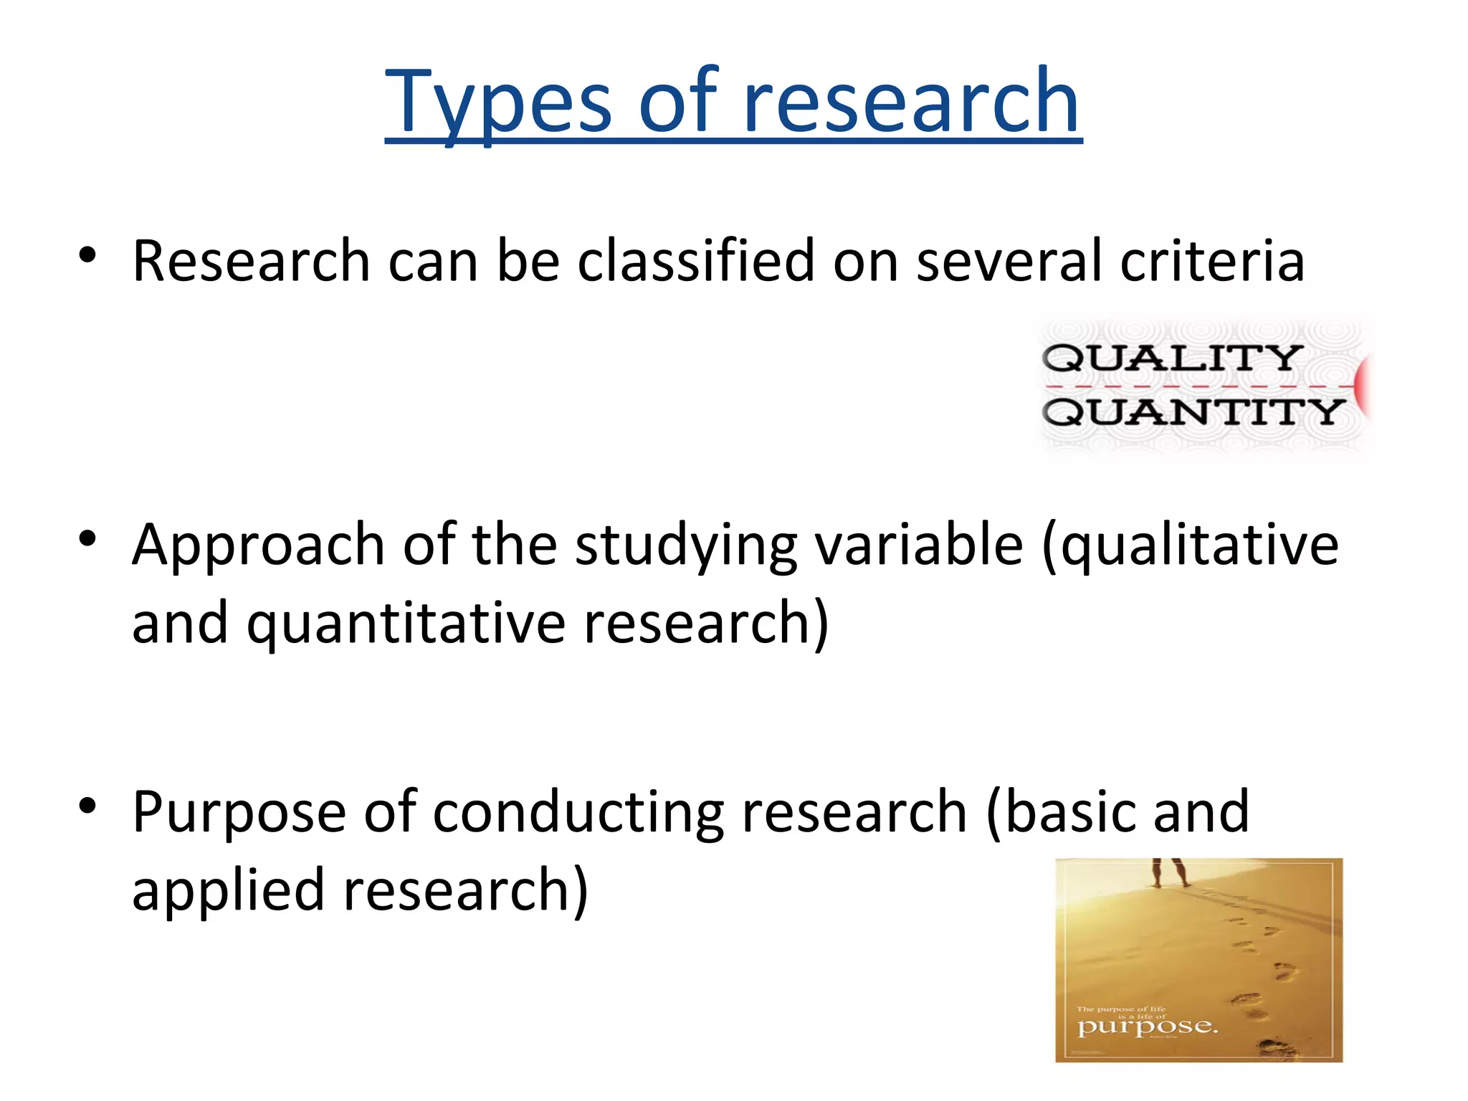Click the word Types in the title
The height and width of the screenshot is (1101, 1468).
pyautogui.click(x=497, y=102)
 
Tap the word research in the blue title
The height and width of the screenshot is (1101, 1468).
pyautogui.click(x=911, y=102)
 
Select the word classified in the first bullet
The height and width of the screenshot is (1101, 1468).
pyautogui.click(x=695, y=261)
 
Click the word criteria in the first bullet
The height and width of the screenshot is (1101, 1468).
pyautogui.click(x=1211, y=261)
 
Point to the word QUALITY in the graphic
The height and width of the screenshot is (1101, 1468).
pyautogui.click(x=1172, y=358)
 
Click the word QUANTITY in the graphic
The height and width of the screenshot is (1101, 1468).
pyautogui.click(x=1193, y=413)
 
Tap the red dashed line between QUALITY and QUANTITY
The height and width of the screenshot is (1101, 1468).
pyautogui.click(x=1197, y=386)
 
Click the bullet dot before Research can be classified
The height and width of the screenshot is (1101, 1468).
pyautogui.click(x=87, y=255)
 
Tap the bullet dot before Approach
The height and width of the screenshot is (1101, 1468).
pyautogui.click(x=87, y=539)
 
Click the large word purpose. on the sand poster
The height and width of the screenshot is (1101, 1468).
pyautogui.click(x=1147, y=1028)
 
